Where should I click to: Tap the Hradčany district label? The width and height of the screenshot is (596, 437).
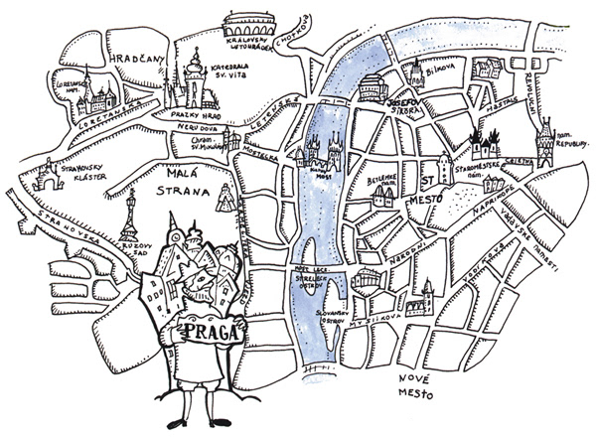[140, 60]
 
